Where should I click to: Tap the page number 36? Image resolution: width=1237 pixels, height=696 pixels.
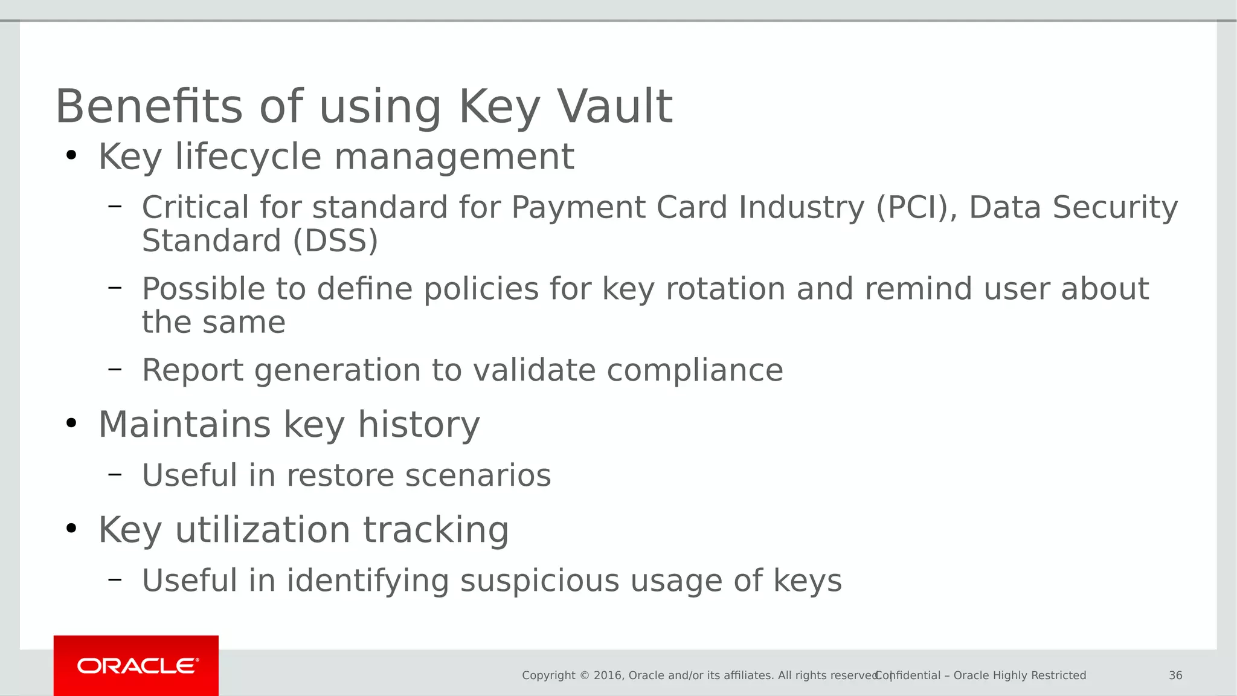[x=1175, y=675]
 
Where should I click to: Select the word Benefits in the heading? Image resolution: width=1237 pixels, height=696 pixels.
[x=149, y=106]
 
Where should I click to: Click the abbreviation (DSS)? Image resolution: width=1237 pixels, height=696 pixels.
[x=335, y=240]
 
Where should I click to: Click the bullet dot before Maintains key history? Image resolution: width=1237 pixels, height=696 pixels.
[x=71, y=424]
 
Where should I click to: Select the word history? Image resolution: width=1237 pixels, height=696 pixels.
[x=419, y=424]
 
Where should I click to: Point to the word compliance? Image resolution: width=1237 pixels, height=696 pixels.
[x=695, y=370]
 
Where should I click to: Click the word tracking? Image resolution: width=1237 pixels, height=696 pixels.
[x=435, y=530]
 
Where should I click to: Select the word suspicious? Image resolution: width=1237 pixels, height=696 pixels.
[x=539, y=581]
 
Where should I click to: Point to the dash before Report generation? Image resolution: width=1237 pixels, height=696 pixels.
[x=115, y=368]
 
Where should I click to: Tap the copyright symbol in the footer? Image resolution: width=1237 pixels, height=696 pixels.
[x=584, y=675]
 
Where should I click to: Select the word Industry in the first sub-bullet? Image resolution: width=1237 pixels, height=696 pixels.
[x=802, y=207]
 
